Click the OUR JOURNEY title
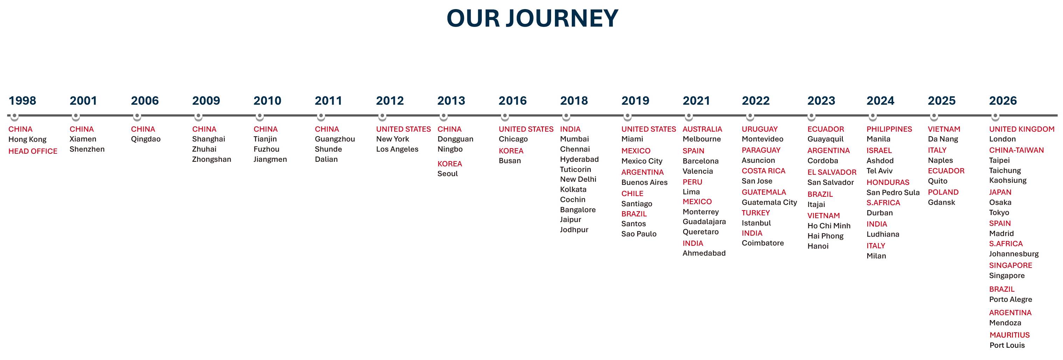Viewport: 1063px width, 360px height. point(532,18)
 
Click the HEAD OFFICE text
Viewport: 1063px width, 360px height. point(33,151)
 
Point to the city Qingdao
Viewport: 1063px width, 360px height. point(146,139)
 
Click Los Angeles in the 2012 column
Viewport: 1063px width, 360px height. point(397,149)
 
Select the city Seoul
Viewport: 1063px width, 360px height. point(447,173)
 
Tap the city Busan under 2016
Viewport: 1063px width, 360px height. point(510,161)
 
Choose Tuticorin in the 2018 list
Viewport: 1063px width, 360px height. point(575,169)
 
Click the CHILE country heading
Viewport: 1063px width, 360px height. point(632,193)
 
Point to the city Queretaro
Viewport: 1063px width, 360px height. point(700,232)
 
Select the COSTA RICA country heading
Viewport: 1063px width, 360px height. point(763,171)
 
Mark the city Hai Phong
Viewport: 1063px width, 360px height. point(825,236)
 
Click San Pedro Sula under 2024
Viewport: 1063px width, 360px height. point(893,192)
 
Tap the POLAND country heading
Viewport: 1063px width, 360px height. point(943,192)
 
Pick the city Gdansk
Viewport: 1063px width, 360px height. point(941,202)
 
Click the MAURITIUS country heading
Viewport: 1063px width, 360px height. point(1009,335)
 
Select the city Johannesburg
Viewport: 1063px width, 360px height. point(1014,254)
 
